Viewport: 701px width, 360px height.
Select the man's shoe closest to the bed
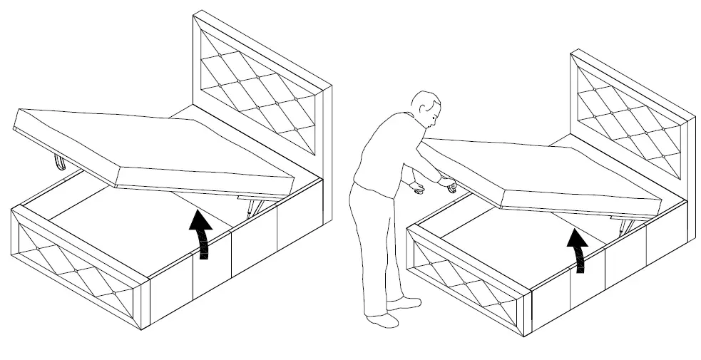click(403, 303)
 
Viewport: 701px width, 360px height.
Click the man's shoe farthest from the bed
click(382, 319)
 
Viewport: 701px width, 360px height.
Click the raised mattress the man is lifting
click(542, 175)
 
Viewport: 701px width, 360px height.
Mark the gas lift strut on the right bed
click(626, 227)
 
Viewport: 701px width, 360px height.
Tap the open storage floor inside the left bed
click(135, 221)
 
